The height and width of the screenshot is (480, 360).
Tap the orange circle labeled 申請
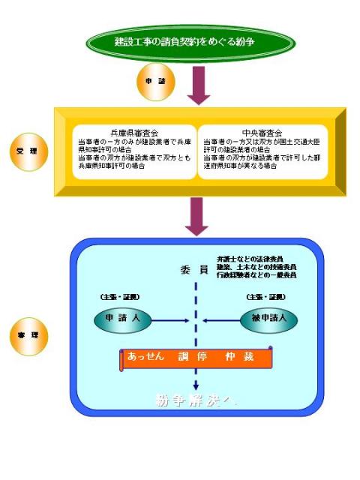pyautogui.click(x=151, y=80)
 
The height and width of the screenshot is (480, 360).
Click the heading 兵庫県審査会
pyautogui.click(x=129, y=133)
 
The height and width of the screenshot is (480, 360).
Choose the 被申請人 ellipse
pyautogui.click(x=269, y=319)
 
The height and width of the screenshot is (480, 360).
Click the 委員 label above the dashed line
pyautogui.click(x=193, y=269)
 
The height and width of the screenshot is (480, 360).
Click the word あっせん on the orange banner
pyautogui.click(x=148, y=356)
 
